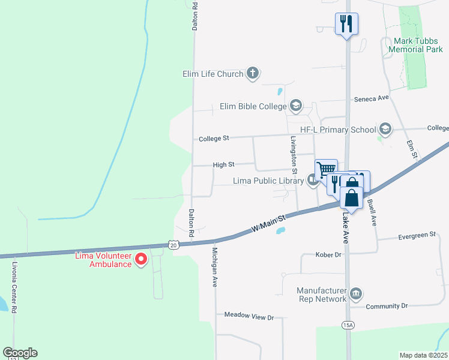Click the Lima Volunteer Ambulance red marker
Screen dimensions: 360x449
pyautogui.click(x=142, y=259)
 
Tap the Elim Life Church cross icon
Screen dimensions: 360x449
pyautogui.click(x=253, y=74)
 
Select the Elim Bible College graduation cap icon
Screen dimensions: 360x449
pyautogui.click(x=295, y=106)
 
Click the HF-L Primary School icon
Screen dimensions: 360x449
pyautogui.click(x=384, y=129)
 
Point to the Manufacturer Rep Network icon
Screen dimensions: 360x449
pyautogui.click(x=356, y=293)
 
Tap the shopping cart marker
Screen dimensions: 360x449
pyautogui.click(x=326, y=169)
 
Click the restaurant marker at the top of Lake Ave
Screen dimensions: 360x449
pyautogui.click(x=346, y=24)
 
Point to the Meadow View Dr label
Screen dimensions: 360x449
pyautogui.click(x=249, y=316)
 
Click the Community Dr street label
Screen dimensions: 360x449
pyautogui.click(x=387, y=306)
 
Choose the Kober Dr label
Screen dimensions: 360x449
pyautogui.click(x=328, y=254)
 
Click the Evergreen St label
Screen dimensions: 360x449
pyautogui.click(x=417, y=236)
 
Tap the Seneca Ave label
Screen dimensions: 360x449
pyautogui.click(x=372, y=98)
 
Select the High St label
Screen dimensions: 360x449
pyautogui.click(x=223, y=164)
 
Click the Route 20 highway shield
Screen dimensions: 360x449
pyautogui.click(x=173, y=245)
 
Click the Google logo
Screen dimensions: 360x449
pyautogui.click(x=20, y=353)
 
